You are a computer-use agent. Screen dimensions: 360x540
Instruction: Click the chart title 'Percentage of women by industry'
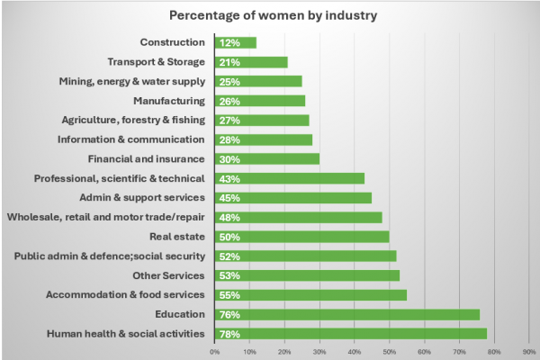pos(269,15)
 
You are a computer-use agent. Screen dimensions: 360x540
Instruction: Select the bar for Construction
pos(236,42)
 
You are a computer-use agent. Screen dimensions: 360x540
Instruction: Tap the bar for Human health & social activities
pos(351,334)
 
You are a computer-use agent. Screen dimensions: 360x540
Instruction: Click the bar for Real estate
pos(302,237)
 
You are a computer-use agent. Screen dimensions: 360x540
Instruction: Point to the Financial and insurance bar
pos(267,158)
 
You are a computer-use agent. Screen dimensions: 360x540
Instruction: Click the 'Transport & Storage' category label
pos(157,62)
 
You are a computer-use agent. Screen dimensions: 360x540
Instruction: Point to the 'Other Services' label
pos(168,275)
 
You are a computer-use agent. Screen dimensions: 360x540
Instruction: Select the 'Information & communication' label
pos(130,139)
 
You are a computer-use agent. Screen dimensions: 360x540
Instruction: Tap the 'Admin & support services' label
pos(143,198)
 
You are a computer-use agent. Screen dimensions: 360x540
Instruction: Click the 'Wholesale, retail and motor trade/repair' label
pos(105,217)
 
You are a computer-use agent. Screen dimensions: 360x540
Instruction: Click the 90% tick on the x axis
pos(529,351)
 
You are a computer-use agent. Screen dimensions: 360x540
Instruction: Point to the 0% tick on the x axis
pos(215,351)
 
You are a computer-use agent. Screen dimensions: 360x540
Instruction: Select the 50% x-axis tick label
pos(390,351)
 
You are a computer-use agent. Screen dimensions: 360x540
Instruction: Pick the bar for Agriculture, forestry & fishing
pos(262,120)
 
